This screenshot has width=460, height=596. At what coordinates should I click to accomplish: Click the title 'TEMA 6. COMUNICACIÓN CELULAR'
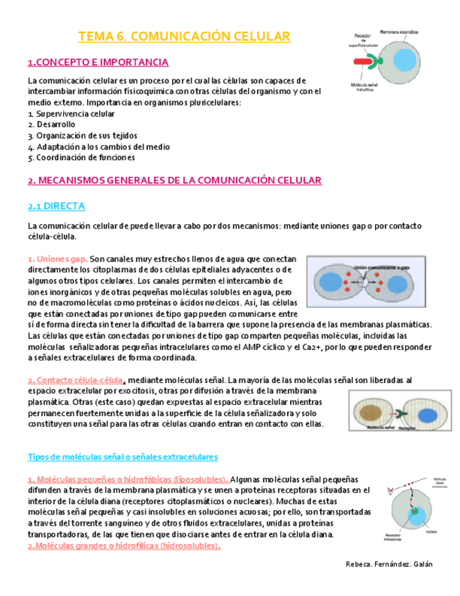(184, 36)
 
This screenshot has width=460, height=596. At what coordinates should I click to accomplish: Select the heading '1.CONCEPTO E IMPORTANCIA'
(98, 63)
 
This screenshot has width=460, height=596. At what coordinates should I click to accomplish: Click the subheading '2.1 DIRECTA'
(56, 206)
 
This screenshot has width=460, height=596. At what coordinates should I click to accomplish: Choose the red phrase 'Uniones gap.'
(62, 258)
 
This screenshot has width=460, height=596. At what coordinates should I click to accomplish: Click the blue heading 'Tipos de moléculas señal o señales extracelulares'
(123, 456)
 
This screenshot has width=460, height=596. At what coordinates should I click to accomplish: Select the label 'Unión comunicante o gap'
(381, 267)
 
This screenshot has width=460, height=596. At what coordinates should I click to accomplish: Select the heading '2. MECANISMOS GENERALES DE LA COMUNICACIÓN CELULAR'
(174, 181)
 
